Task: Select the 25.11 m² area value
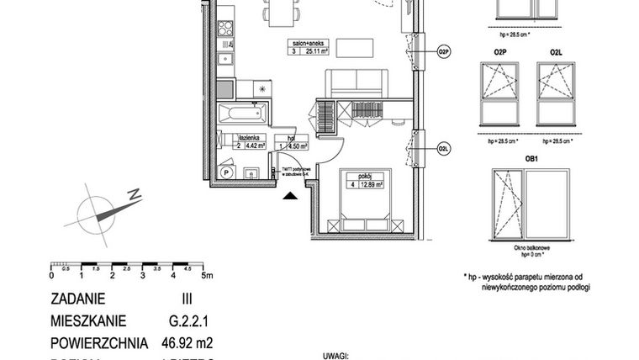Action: [317, 51]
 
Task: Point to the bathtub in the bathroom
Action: [242, 113]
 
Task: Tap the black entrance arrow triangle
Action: [290, 196]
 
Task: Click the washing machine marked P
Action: [227, 172]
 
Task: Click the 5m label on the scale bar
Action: [208, 275]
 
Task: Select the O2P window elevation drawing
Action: [500, 93]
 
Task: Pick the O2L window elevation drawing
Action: [556, 93]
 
